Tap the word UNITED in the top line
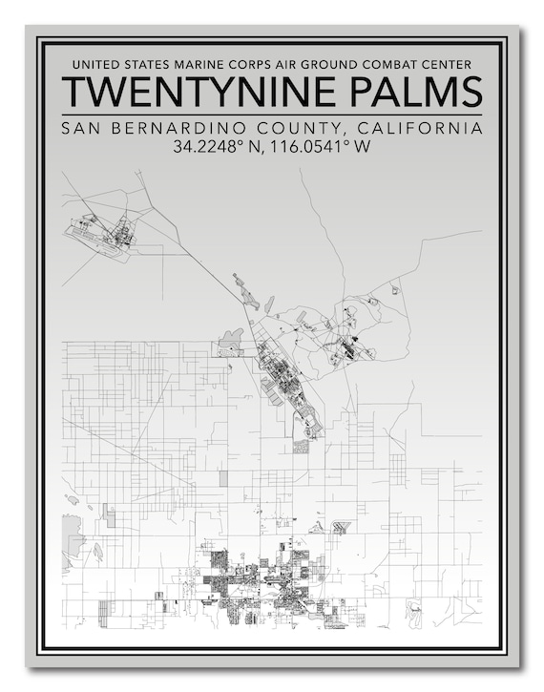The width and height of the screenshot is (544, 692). tap(94, 65)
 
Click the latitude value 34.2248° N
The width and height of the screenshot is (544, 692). tap(217, 147)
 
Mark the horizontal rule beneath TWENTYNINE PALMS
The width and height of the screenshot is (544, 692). tap(272, 114)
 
